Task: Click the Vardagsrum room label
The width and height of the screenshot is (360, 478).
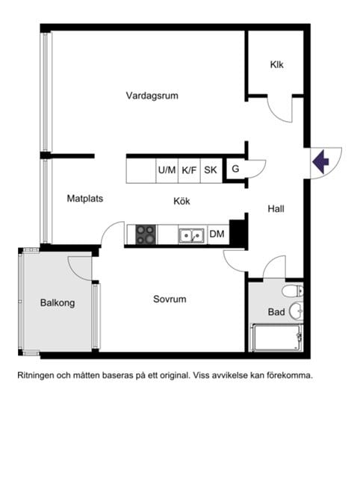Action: pos(152,96)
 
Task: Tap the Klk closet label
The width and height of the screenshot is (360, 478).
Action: pos(276,65)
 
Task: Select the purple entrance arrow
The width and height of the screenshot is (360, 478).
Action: pos(320,161)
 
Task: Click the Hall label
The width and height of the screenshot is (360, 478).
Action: pos(276,209)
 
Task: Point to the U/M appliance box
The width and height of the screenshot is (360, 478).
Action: pos(167,170)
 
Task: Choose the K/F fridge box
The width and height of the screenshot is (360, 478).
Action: pos(189,170)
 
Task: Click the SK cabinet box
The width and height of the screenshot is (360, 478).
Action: pos(211,170)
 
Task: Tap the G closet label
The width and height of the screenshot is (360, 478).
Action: pos(235,169)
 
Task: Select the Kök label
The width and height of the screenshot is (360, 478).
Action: pos(181,201)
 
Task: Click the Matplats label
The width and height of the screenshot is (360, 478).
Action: pos(85,199)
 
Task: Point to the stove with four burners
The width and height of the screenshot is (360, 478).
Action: pos(146,235)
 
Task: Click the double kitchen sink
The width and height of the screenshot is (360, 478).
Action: pos(191,235)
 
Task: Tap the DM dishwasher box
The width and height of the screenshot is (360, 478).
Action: pos(218,234)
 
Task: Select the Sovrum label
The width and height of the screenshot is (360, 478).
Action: pos(170,299)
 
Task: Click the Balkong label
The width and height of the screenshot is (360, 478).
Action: pos(58,302)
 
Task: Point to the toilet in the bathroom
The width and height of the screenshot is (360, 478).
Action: pos(293,291)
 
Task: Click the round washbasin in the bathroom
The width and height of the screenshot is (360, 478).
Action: pos(296,311)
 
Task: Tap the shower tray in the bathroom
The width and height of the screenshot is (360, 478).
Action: pos(276,338)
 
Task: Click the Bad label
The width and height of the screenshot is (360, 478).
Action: pos(276,312)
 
